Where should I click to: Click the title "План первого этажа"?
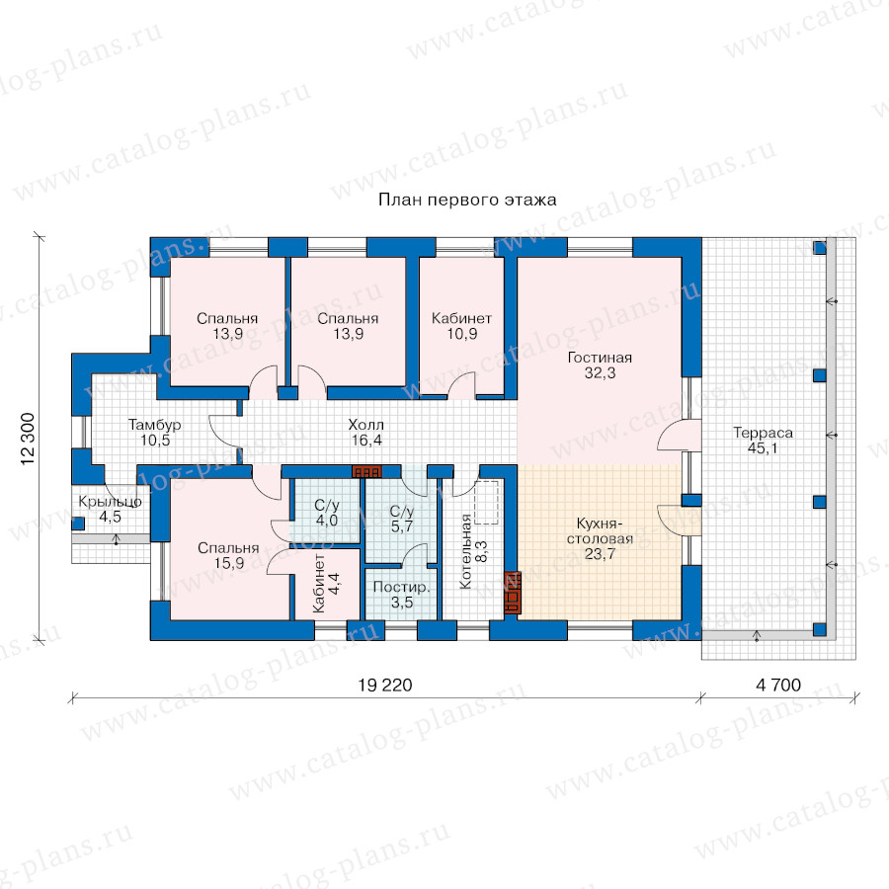(467, 200)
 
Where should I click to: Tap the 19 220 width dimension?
(385, 685)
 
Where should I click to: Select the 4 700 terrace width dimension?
(778, 685)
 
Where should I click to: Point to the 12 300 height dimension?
(29, 440)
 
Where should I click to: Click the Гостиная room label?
(600, 358)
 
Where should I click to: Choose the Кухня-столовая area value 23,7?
(600, 554)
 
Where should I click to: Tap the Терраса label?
(763, 433)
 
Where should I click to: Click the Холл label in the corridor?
(365, 425)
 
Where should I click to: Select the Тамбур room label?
(154, 425)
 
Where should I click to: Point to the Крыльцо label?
(110, 501)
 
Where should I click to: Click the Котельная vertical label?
(466, 551)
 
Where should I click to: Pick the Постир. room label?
(401, 588)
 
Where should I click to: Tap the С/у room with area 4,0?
(327, 513)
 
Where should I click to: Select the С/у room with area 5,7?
(401, 519)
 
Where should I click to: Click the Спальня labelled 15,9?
(228, 555)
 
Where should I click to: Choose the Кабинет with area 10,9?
(461, 326)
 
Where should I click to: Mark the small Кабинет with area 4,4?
(326, 583)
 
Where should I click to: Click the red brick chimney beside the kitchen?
(513, 593)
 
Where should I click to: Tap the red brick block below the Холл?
(367, 472)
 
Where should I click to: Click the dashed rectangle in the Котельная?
(486, 503)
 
